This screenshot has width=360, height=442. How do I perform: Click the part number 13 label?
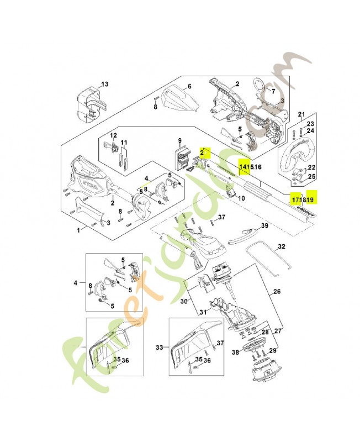click(x=105, y=84)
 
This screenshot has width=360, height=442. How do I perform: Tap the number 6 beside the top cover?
click(x=189, y=87)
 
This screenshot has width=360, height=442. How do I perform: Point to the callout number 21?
click(x=301, y=114)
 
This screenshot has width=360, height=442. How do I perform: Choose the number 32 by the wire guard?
click(x=282, y=246)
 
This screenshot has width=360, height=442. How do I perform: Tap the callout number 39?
click(x=264, y=226)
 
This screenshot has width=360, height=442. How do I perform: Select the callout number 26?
click(x=277, y=292)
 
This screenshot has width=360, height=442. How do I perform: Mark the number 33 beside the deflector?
click(x=160, y=348)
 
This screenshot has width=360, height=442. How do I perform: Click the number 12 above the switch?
click(x=114, y=135)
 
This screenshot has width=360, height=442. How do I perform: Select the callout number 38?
click(x=235, y=352)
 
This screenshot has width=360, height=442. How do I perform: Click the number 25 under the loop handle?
click(x=311, y=176)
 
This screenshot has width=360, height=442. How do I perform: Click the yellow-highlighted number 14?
click(x=242, y=166)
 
